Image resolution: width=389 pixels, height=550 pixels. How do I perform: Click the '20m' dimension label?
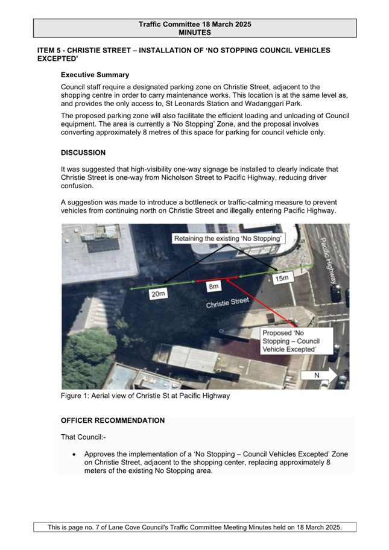point(158,294)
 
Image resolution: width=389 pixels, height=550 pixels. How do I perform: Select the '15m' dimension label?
point(281,279)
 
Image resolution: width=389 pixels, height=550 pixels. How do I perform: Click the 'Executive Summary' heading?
point(95,75)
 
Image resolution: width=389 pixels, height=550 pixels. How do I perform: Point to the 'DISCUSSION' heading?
point(83,153)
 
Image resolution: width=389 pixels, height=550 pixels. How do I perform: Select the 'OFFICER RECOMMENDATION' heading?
point(112,420)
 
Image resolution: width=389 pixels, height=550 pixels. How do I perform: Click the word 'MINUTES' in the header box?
point(194,33)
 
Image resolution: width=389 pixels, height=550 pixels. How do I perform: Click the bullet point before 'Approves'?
point(74,454)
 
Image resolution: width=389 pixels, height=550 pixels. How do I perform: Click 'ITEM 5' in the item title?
point(50,51)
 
